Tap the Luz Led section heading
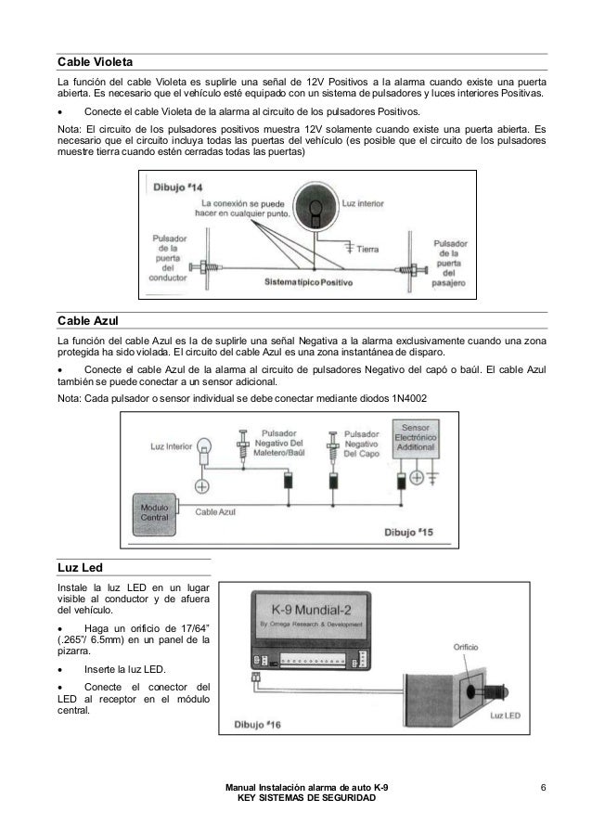click(x=79, y=565)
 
